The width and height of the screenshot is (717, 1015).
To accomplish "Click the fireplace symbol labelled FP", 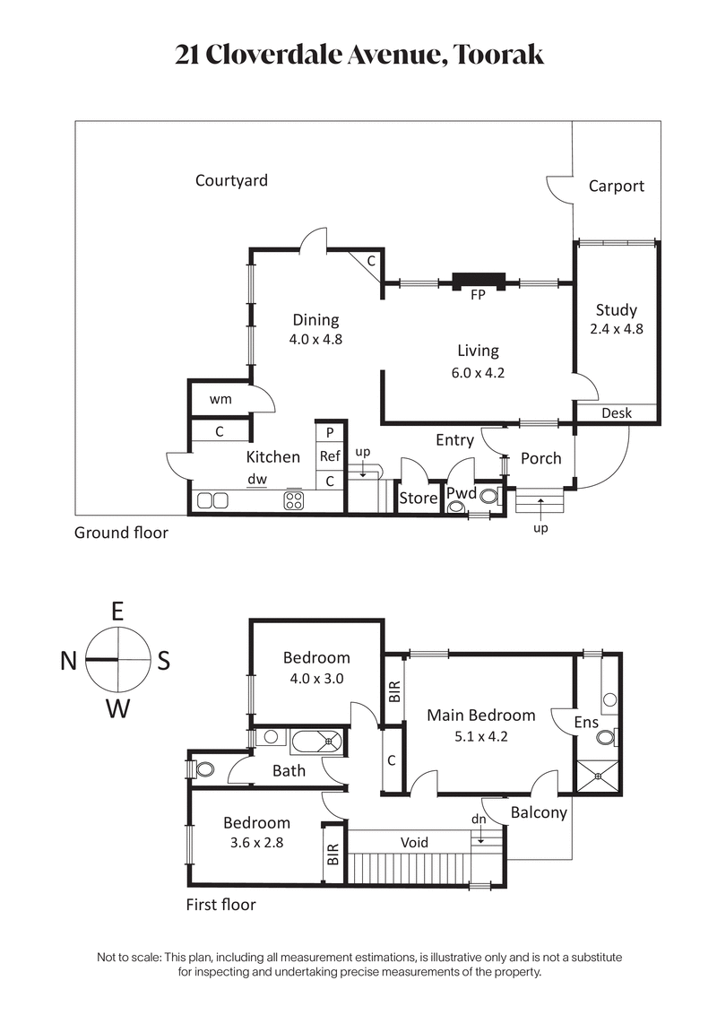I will (477, 281).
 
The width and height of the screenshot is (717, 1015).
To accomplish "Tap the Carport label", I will (616, 187).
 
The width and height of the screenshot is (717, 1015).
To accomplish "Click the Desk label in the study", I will (617, 413).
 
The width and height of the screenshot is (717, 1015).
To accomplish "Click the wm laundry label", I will (220, 399).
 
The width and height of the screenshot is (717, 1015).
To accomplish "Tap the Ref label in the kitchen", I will (330, 456).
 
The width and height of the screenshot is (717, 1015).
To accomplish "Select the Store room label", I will (418, 498).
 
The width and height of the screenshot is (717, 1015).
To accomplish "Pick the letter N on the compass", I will (68, 661).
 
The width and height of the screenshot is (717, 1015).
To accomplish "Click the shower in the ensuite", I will (597, 776).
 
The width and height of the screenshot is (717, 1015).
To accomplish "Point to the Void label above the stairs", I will (414, 842).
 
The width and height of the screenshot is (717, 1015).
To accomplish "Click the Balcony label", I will (539, 813).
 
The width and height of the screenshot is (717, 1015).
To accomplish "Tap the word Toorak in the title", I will (499, 55).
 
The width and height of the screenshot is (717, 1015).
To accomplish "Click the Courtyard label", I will (231, 181).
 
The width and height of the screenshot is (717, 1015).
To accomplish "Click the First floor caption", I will (220, 905).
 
